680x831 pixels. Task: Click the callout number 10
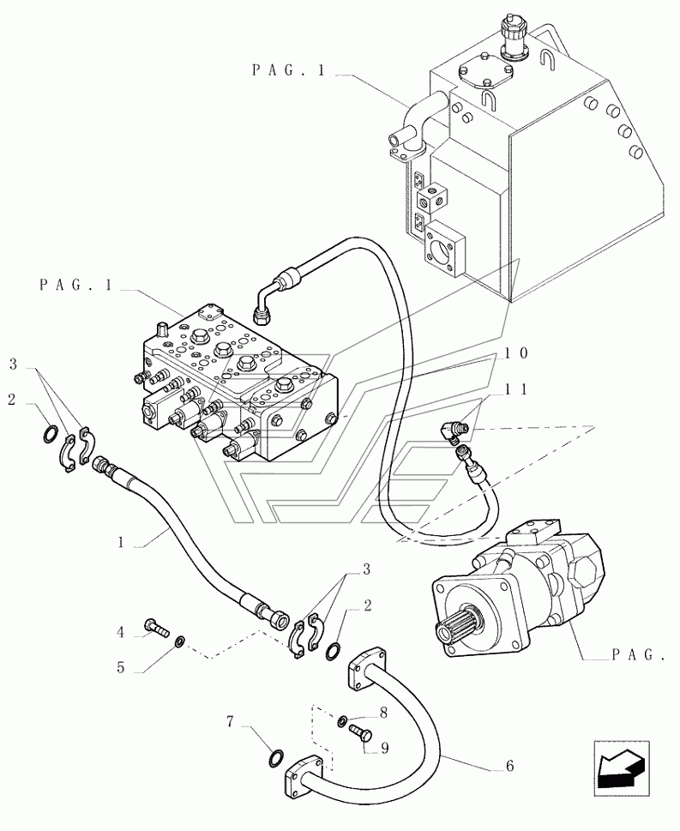pos(515,353)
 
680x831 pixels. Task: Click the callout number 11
pos(515,389)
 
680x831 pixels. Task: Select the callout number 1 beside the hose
pos(121,543)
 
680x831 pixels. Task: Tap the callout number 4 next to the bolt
pos(120,632)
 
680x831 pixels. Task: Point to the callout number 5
pos(120,667)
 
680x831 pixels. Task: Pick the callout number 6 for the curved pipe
pos(510,765)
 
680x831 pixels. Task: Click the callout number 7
pos(230,722)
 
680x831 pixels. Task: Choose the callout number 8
pos(383,713)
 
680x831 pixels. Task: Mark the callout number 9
pos(384,748)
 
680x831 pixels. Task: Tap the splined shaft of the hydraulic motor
pos(448,629)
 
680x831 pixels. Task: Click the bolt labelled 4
pos(156,628)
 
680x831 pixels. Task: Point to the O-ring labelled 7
pos(276,758)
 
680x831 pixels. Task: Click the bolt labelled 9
pos(362,734)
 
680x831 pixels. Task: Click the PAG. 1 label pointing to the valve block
pos(76,285)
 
